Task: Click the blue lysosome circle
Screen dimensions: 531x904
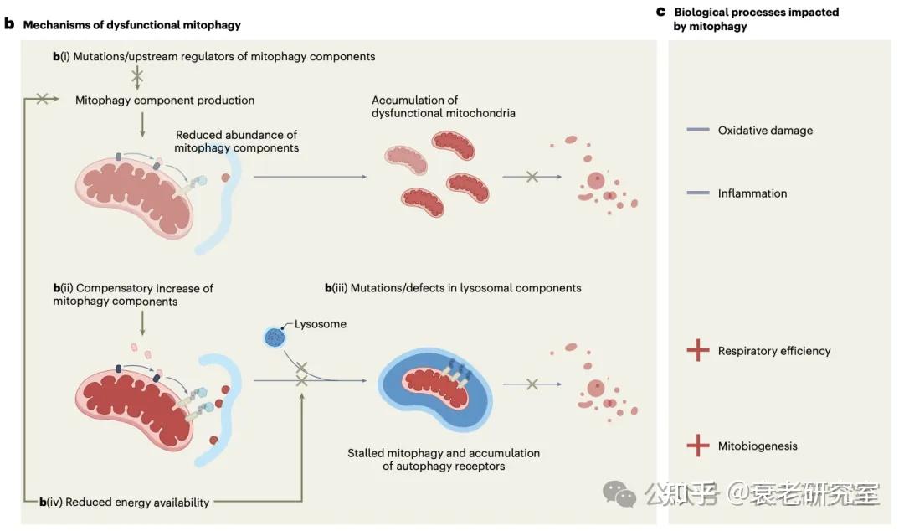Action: pos(275,337)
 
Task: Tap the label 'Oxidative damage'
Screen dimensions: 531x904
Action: pos(765,131)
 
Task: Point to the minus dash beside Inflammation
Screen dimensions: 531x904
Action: pos(697,193)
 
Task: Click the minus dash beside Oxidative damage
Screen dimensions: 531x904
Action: pos(697,131)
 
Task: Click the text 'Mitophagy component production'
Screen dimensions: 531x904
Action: pos(165,100)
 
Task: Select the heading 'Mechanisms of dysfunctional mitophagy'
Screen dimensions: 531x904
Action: pos(131,25)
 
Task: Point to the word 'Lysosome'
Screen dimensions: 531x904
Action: pos(321,324)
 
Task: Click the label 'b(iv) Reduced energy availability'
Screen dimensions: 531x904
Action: pos(126,502)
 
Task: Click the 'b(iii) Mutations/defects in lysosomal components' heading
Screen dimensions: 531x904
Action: pos(453,287)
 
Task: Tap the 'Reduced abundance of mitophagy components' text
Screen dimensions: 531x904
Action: pos(236,141)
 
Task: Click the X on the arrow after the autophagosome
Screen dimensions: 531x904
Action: pos(531,384)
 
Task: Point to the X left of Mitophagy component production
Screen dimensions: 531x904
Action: pos(40,100)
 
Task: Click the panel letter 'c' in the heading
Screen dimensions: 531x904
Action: pos(660,13)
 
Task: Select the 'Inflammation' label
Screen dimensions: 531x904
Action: pos(752,193)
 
